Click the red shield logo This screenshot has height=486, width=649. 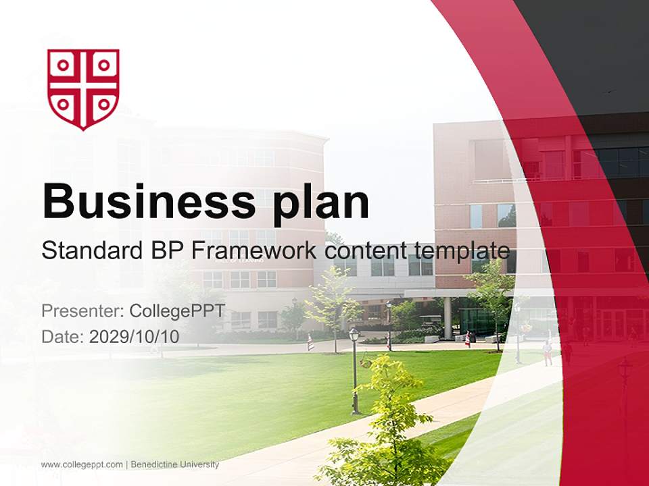pos(83,88)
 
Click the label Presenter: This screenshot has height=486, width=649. pos(82,311)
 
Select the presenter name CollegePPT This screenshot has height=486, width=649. pos(176,311)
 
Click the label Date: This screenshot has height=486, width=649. pos(62,336)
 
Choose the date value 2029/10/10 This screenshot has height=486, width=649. pos(134,336)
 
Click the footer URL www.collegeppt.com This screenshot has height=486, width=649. pos(82,464)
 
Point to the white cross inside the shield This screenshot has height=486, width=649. pos(83,86)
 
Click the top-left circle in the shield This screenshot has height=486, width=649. pos(64,65)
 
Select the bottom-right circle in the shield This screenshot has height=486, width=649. pos(103,105)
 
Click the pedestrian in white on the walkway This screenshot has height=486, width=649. pos(547,352)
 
